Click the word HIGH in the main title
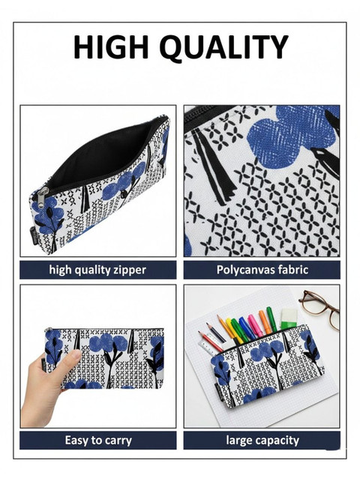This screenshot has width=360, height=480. point(110,46)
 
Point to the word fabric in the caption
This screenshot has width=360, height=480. point(293,270)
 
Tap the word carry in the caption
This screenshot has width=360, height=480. point(118,441)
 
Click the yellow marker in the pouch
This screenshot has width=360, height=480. point(233,331)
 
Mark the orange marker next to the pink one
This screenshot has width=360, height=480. point(265,322)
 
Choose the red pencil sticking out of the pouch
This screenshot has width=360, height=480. point(211,342)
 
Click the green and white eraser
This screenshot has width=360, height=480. point(289,319)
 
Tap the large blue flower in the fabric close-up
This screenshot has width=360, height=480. point(293,133)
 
